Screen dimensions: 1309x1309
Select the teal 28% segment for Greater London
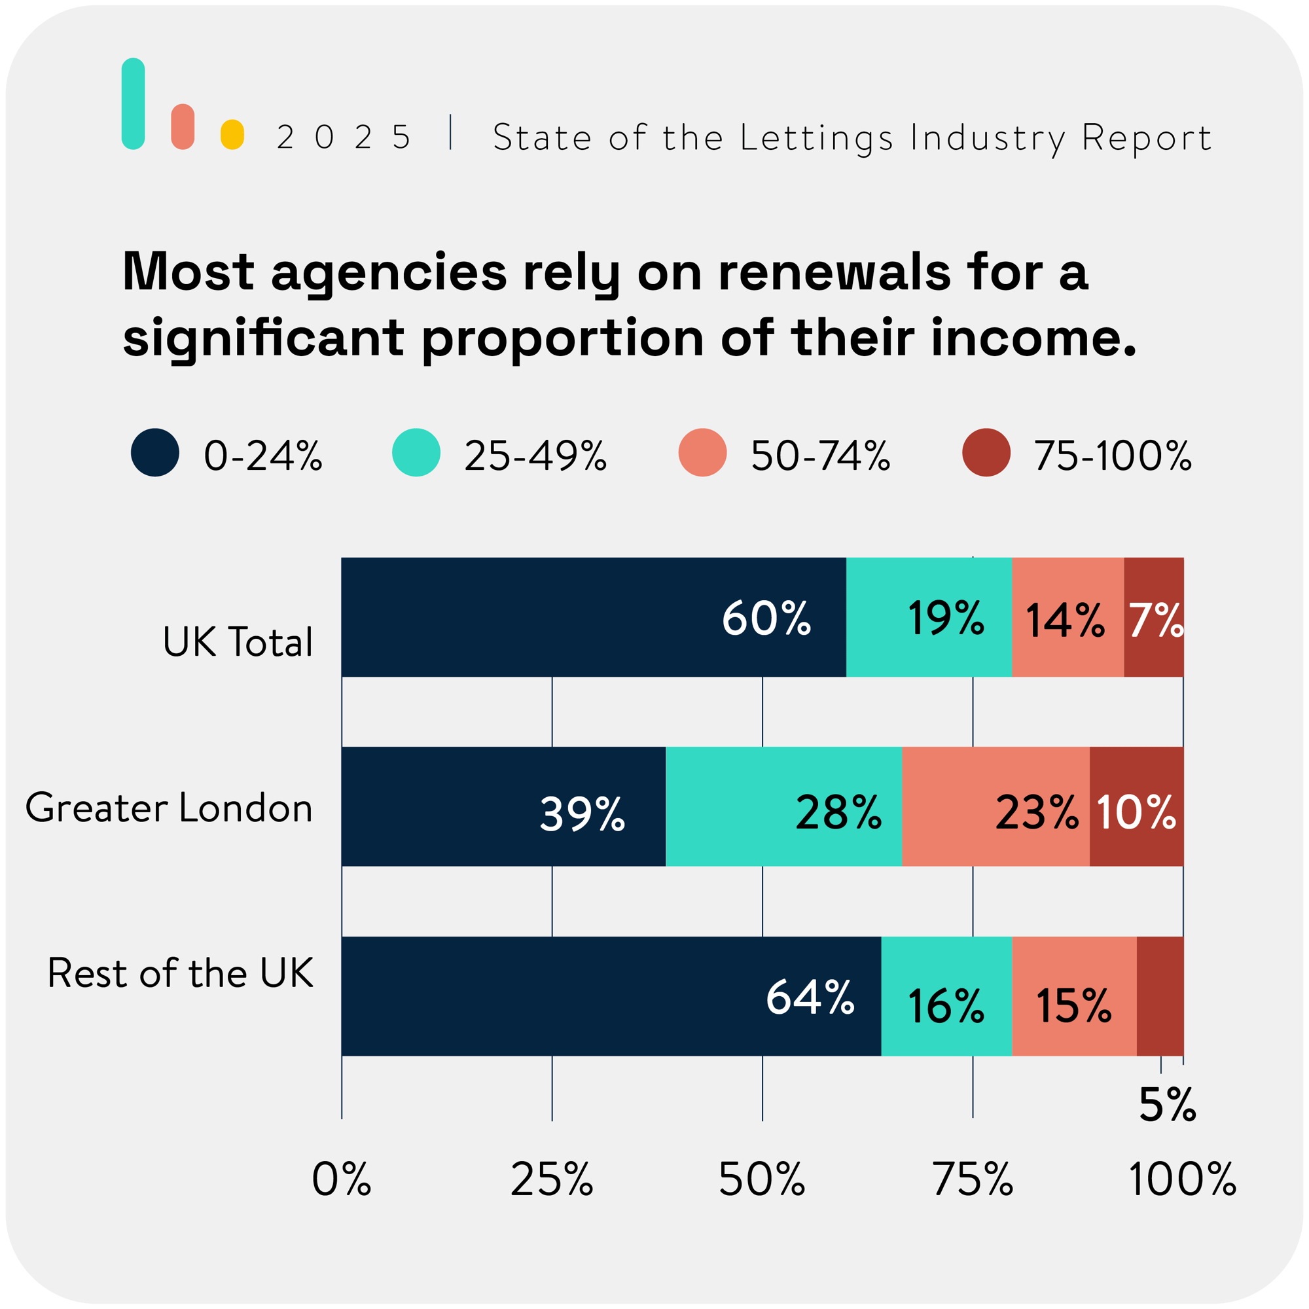pyautogui.click(x=783, y=806)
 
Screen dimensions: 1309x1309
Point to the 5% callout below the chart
pyautogui.click(x=1167, y=1105)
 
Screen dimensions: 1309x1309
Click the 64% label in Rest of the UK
pyautogui.click(x=810, y=997)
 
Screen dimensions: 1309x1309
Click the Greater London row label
pyautogui.click(x=169, y=808)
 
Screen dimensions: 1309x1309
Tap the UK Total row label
pyautogui.click(x=238, y=641)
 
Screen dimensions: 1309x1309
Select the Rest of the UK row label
pyautogui.click(x=180, y=973)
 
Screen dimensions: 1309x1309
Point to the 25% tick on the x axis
pyautogui.click(x=552, y=1179)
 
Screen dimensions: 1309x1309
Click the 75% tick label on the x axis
pyautogui.click(x=973, y=1179)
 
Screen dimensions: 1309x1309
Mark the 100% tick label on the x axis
pyautogui.click(x=1182, y=1179)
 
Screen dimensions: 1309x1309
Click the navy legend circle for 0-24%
pyautogui.click(x=155, y=453)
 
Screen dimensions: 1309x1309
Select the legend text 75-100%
pyautogui.click(x=1112, y=456)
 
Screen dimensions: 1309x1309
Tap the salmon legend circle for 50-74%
pyautogui.click(x=702, y=453)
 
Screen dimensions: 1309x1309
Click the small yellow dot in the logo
pyautogui.click(x=232, y=134)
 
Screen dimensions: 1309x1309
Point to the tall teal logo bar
pyautogui.click(x=134, y=103)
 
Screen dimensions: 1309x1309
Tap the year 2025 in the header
pyautogui.click(x=344, y=137)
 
